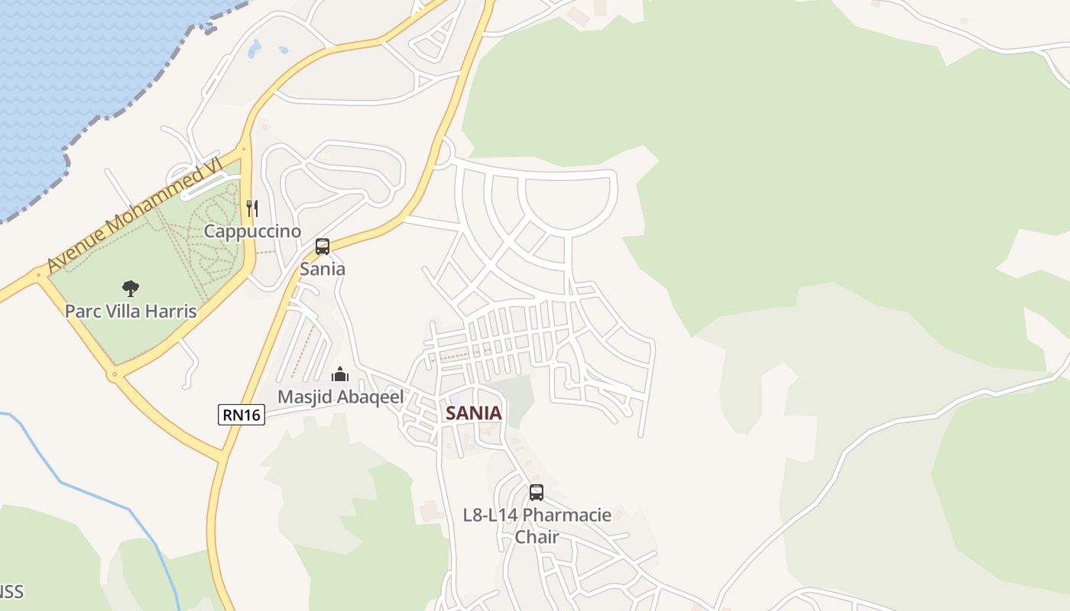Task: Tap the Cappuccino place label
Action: click(252, 231)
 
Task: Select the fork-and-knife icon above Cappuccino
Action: click(252, 208)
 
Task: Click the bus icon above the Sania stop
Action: click(323, 247)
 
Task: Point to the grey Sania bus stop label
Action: click(323, 269)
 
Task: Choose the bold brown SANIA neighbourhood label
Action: click(474, 413)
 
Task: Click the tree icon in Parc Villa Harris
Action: click(131, 289)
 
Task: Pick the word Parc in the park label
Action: click(83, 312)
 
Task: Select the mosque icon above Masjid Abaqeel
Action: click(340, 374)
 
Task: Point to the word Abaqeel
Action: click(367, 397)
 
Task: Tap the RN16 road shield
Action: click(241, 415)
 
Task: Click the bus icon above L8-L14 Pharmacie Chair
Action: click(537, 493)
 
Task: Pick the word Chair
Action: click(537, 537)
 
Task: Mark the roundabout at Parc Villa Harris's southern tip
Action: click(114, 374)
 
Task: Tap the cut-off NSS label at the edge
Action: click(11, 592)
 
